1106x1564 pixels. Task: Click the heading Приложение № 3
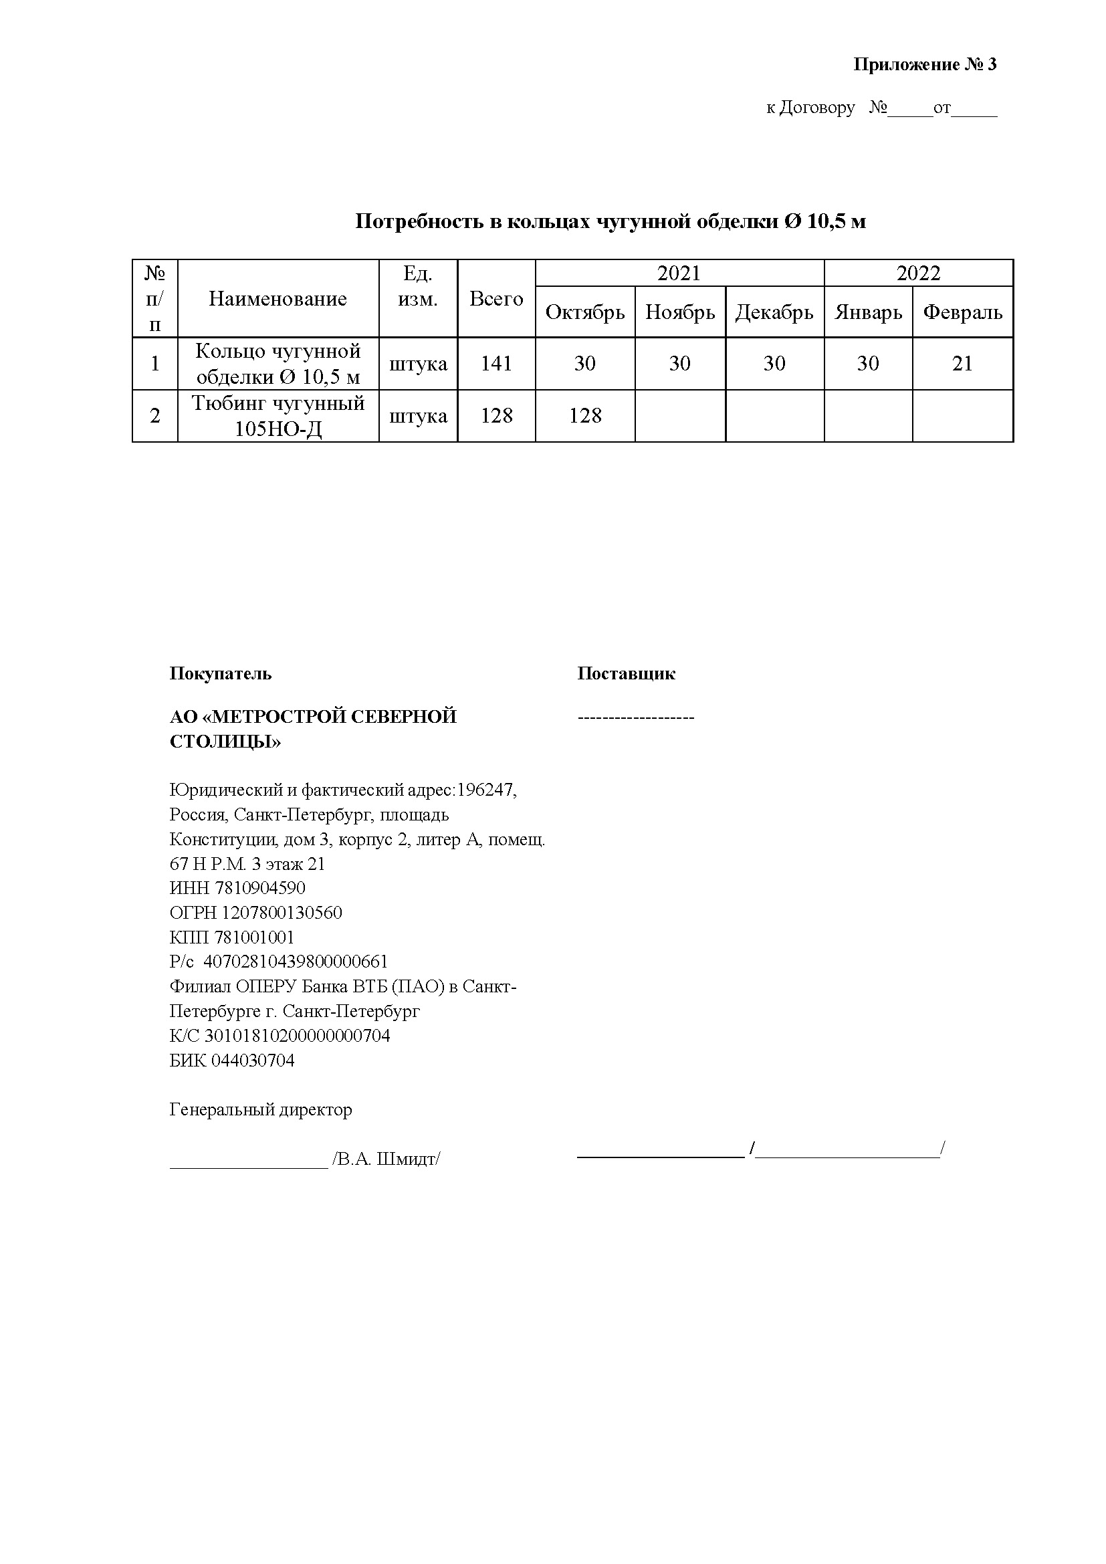tap(924, 65)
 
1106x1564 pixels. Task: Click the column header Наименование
tap(278, 298)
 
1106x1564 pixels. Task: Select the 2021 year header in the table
tap(679, 273)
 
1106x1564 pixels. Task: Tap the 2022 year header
tap(918, 273)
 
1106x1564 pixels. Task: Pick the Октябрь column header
tap(585, 312)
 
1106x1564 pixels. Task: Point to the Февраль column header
tap(962, 312)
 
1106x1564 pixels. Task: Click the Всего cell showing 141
tap(496, 364)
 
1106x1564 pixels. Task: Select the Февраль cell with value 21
tap(962, 364)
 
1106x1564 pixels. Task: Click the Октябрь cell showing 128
tap(585, 415)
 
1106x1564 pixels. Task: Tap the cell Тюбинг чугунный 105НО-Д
tap(278, 415)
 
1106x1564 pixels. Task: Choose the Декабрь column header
tap(774, 312)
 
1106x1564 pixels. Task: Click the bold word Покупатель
tap(220, 674)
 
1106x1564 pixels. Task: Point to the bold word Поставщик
tap(626, 674)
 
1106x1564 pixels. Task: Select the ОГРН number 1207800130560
tap(282, 913)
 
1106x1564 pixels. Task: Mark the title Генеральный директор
tap(261, 1110)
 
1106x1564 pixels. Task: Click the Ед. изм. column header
tap(417, 286)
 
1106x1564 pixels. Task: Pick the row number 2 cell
tap(155, 415)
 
